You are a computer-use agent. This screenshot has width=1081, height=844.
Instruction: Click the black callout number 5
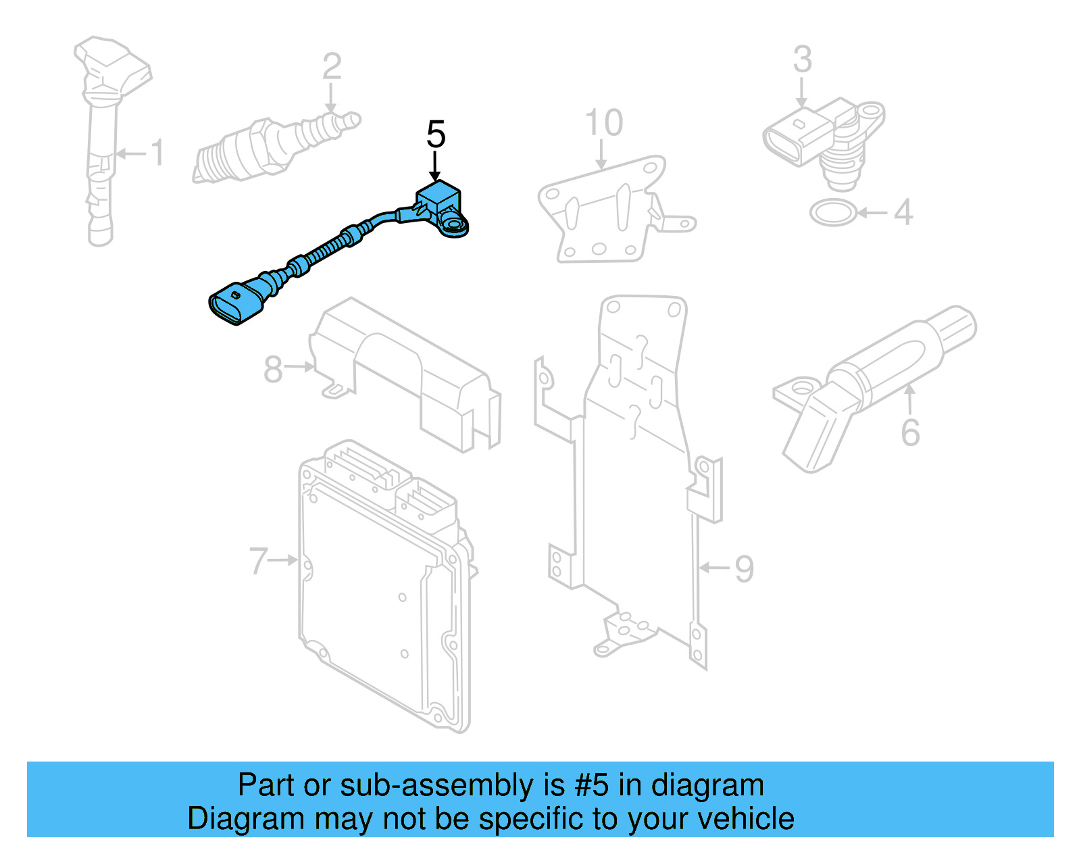click(x=436, y=134)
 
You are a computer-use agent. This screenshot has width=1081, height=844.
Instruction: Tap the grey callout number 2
click(x=331, y=67)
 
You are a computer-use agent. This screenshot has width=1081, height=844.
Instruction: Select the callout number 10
click(x=603, y=123)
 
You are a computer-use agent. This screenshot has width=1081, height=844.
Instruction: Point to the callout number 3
click(x=802, y=59)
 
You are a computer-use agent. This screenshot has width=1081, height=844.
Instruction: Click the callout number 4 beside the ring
click(x=903, y=212)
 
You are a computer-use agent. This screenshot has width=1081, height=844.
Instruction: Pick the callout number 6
click(x=910, y=432)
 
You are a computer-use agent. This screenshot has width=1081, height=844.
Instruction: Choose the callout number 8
click(x=273, y=370)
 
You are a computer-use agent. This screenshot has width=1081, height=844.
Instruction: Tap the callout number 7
click(x=259, y=561)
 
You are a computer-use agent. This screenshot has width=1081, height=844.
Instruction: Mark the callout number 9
click(x=744, y=569)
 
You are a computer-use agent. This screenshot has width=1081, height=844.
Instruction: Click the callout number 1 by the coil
click(x=157, y=153)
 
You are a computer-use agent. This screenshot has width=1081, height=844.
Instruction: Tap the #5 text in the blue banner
click(x=592, y=786)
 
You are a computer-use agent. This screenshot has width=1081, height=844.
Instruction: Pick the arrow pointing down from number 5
click(x=435, y=166)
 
